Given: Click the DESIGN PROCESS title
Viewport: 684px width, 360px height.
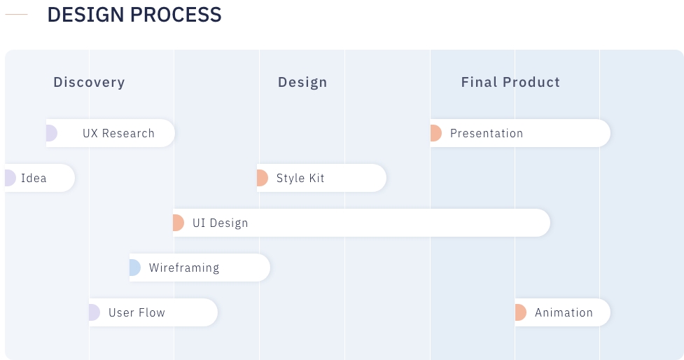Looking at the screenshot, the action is pos(134,15).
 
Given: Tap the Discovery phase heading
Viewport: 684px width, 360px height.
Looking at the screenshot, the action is pos(90,82).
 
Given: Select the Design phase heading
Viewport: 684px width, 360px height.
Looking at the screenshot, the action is pos(302,82).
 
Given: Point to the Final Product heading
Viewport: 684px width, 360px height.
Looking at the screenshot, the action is pos(510,82).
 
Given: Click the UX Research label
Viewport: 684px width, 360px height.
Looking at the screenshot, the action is pos(118,133).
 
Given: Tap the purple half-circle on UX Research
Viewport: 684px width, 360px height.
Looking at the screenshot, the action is pos(52,133).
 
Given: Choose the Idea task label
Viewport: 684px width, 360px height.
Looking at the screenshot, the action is pos(34,178).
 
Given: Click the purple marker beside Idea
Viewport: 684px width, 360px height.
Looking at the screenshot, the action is pos(10,178).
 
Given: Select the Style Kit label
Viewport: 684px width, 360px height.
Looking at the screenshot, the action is pos(300,178).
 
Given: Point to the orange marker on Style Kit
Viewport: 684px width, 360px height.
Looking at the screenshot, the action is pos(262,178).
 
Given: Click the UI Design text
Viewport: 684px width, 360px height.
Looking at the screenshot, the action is pos(221,223).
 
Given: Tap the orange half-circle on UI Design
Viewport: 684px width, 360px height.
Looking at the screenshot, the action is pos(179,223).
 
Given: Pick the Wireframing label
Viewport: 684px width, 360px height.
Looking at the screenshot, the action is pos(184,268).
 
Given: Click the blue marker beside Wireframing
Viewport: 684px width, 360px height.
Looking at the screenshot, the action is pos(135,268).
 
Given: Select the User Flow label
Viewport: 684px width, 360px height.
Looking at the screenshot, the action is pos(137,312).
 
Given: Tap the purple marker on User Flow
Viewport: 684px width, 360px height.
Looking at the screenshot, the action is pos(95,312).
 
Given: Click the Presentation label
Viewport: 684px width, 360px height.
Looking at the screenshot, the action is pos(487,133).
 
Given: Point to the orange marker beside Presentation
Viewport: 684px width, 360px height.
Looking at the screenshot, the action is pos(435,133).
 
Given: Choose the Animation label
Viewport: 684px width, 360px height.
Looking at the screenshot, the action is pos(564,312).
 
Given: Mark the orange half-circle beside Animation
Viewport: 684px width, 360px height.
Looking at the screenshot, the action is pos(520,312).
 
